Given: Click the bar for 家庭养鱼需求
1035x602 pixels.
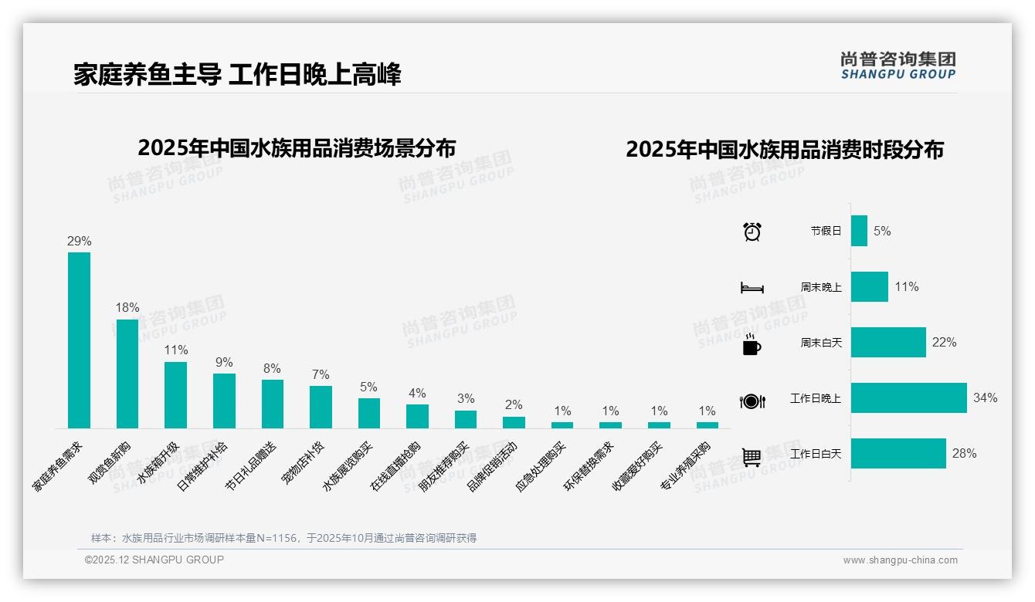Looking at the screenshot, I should (79, 340).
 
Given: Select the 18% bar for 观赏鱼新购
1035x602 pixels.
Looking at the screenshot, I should (127, 374).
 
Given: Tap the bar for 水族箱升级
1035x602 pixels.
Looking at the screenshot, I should (175, 395).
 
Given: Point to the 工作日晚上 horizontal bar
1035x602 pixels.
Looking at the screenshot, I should (908, 398).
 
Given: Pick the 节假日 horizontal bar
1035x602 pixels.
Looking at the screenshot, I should (859, 231).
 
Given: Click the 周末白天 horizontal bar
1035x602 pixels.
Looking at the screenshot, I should (888, 343).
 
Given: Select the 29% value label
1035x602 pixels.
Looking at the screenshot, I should (79, 242).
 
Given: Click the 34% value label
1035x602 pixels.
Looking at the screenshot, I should (985, 398).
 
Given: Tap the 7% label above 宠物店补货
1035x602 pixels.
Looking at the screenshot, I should (321, 375).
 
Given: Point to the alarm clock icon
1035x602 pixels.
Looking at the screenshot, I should (752, 232).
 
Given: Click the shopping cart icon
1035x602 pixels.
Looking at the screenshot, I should (752, 457).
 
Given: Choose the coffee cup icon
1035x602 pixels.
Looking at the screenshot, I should (752, 345).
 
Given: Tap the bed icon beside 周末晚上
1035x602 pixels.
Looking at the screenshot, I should (752, 288).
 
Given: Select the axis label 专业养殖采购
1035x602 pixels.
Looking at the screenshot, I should (685, 466).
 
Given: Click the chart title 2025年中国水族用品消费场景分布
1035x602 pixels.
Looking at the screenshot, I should (297, 148).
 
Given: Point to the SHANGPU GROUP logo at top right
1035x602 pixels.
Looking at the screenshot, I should (898, 65).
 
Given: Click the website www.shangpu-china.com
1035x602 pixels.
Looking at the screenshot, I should (900, 560).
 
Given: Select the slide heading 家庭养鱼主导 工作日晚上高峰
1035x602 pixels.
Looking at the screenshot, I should (237, 75).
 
